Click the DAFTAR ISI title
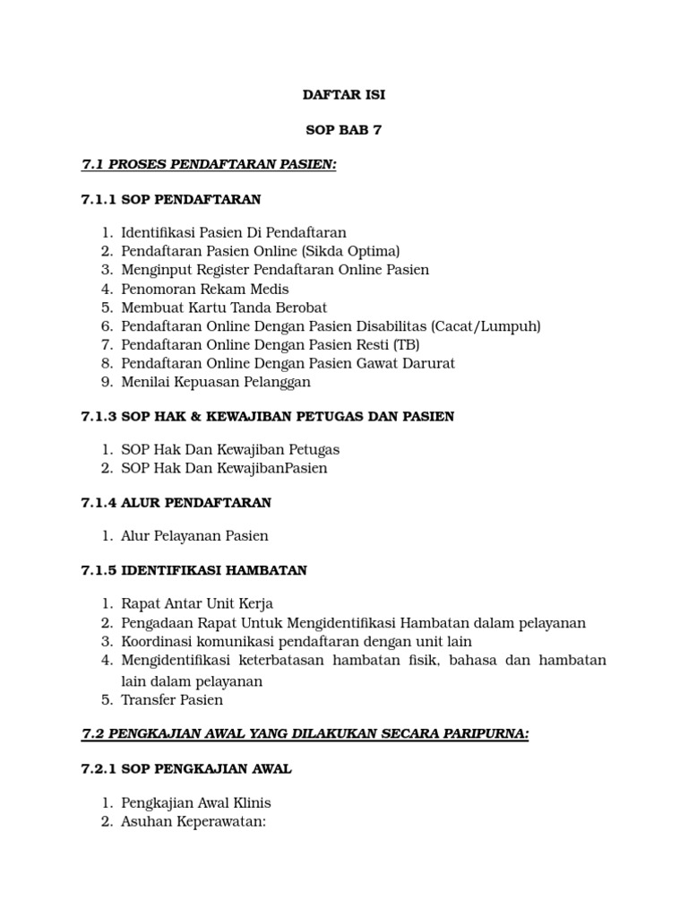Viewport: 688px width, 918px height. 344,95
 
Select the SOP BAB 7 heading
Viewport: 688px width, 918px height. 344,130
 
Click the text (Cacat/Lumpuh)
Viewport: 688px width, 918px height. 486,326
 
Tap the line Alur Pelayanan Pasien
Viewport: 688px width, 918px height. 194,536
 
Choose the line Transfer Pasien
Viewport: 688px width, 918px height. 172,700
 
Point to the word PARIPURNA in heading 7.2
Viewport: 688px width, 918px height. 483,734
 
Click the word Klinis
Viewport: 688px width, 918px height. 252,803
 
